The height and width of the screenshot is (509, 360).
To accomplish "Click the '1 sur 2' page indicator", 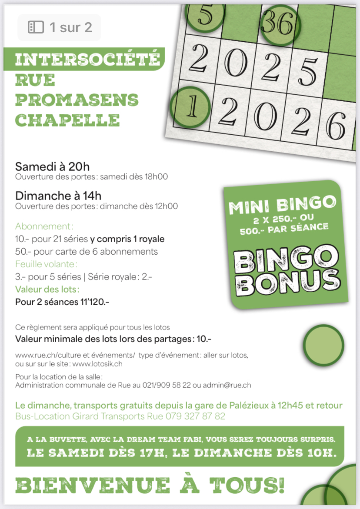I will click(60, 28).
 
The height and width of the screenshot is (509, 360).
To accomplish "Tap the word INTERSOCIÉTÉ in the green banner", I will click(87, 60).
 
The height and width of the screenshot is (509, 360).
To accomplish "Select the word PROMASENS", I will click(77, 100).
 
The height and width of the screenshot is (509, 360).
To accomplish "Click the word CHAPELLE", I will click(67, 120).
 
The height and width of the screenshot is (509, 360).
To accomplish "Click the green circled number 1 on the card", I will click(190, 107).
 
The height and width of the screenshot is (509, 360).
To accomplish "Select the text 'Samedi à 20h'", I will click(52, 166).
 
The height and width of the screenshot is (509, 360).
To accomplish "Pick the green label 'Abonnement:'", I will click(44, 226).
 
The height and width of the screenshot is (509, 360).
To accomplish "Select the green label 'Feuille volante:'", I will click(46, 264).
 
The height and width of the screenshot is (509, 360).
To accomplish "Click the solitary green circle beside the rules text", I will click(324, 346).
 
